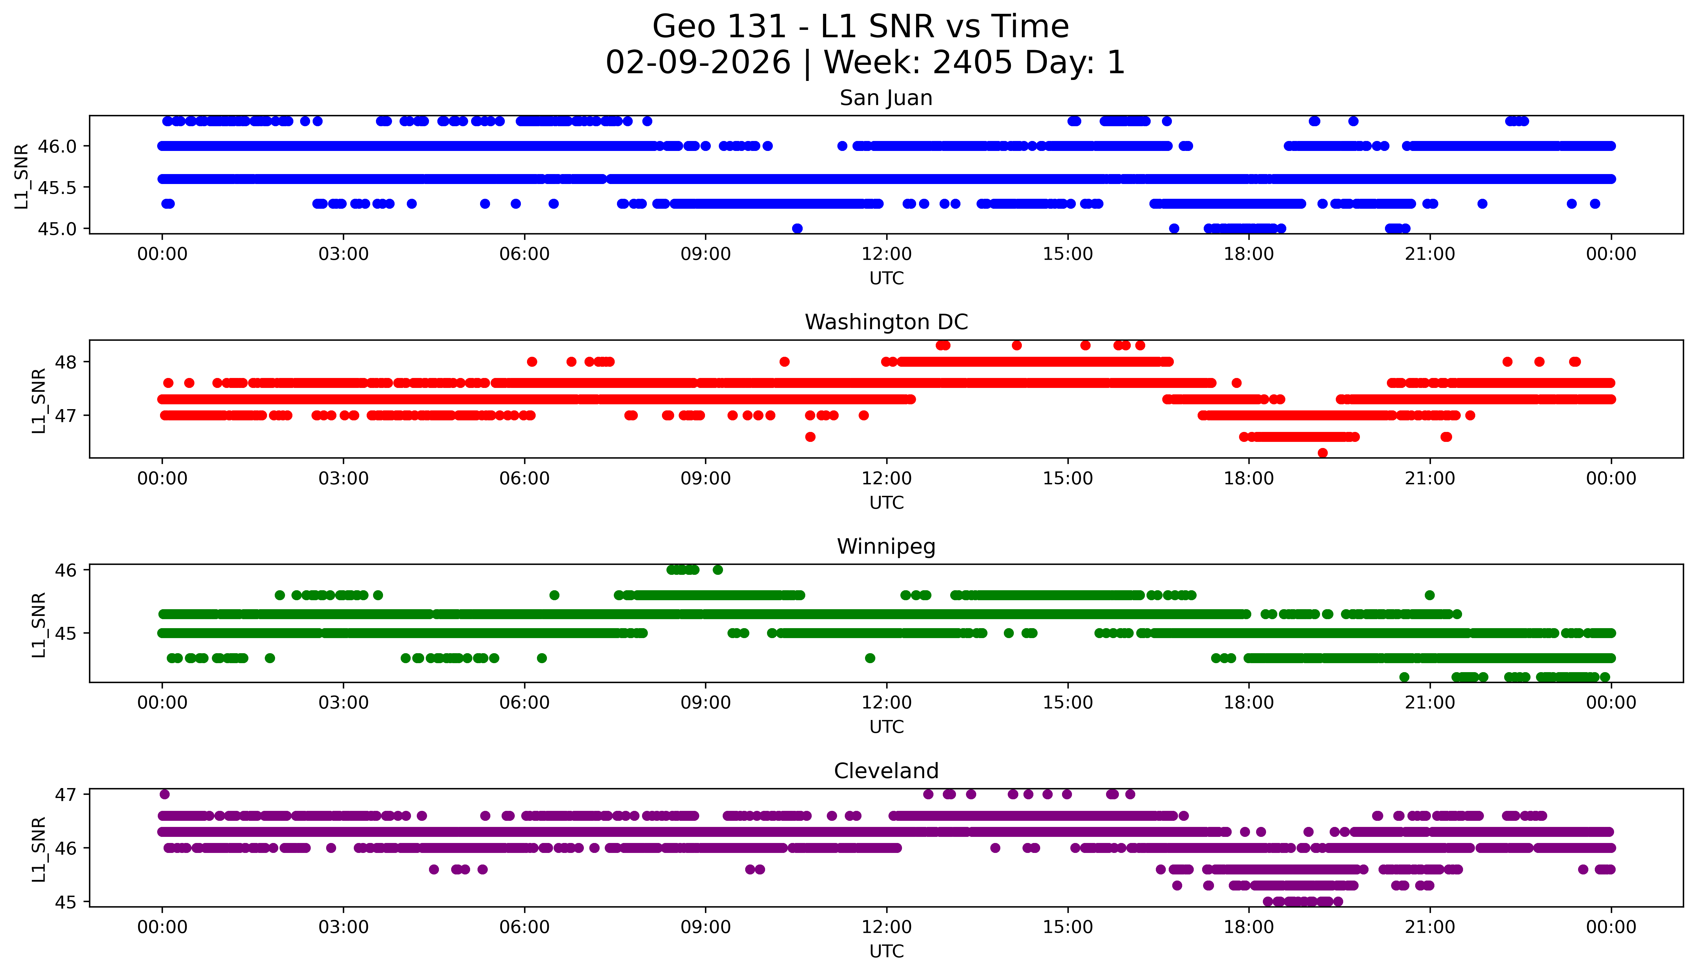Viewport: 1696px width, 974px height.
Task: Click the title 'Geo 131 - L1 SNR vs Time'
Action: pyautogui.click(x=860, y=27)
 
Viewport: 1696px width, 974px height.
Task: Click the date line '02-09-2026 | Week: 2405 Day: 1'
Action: pyautogui.click(x=865, y=63)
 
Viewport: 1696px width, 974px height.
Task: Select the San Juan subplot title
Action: pyautogui.click(x=886, y=98)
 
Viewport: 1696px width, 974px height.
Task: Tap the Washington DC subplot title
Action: pyautogui.click(x=886, y=322)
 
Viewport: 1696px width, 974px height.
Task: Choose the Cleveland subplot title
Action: pyautogui.click(x=886, y=771)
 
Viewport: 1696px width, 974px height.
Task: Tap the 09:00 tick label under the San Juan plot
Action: pyautogui.click(x=705, y=254)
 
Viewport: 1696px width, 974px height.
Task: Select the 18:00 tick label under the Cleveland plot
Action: pyautogui.click(x=1248, y=927)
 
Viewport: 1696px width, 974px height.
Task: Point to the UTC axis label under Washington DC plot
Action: pyautogui.click(x=886, y=502)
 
